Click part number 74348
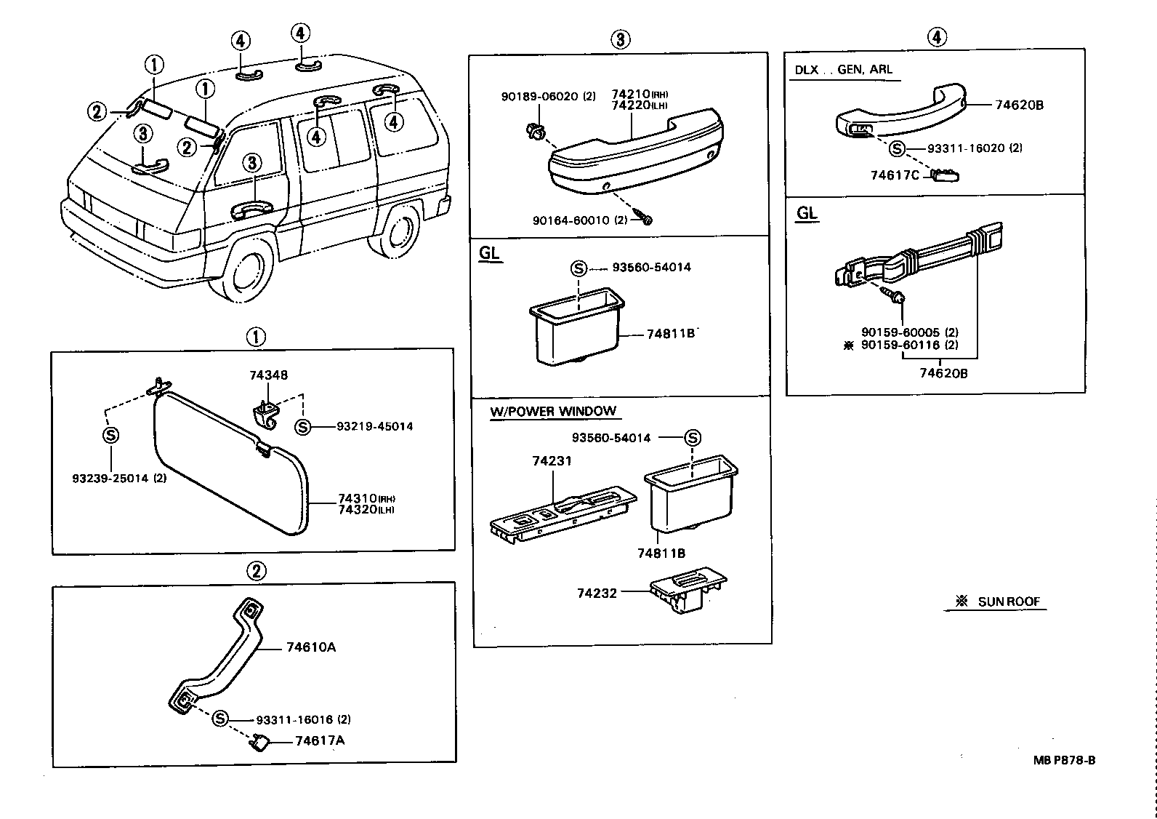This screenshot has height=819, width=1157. tap(268, 375)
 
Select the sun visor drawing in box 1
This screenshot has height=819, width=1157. tap(231, 462)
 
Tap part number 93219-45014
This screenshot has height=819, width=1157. tap(374, 426)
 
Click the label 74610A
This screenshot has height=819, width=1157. tap(310, 647)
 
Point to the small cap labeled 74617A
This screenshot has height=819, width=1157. tap(262, 743)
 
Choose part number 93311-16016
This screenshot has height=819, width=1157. tap(294, 719)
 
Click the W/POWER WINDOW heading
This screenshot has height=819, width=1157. tap(553, 412)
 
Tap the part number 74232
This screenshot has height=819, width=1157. tap(597, 593)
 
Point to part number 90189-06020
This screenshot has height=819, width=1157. tap(539, 96)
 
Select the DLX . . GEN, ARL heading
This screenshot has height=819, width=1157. tap(843, 70)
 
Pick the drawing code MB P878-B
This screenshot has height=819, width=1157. tap(1064, 760)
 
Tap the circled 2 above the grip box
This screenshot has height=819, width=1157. tap(256, 572)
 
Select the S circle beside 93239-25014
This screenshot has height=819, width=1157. tap(110, 435)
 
